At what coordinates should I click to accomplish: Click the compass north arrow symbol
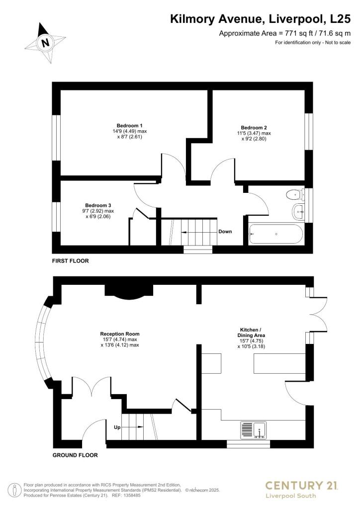[x=46, y=43]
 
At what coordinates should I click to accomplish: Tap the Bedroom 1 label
[x=130, y=125]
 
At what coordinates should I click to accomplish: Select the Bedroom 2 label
[x=254, y=127]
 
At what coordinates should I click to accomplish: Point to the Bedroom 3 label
[x=98, y=205]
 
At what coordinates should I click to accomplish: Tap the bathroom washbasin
[x=299, y=211]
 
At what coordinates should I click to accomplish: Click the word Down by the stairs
[x=225, y=232]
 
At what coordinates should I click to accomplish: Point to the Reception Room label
[x=120, y=334]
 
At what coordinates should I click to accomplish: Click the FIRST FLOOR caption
[x=71, y=260]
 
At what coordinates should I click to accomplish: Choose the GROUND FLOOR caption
[x=75, y=455]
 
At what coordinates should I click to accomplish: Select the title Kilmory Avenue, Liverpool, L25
[x=261, y=19]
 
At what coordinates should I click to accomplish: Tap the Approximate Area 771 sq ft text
[x=285, y=33]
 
